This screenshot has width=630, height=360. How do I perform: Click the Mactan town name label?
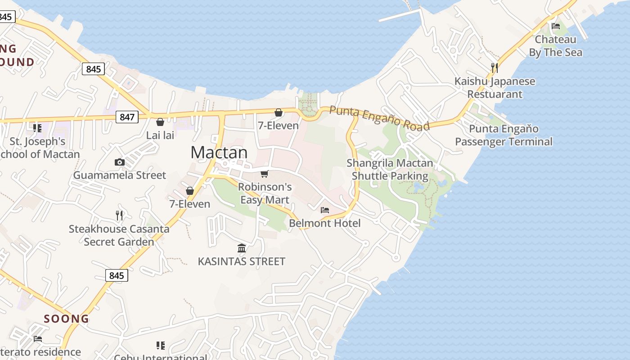click(x=219, y=153)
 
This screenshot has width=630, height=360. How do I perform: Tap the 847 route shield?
click(x=127, y=117)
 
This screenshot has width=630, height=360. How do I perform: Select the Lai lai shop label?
click(x=160, y=135)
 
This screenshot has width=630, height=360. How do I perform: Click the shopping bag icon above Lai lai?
click(x=160, y=122)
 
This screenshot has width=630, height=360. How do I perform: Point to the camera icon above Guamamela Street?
click(x=119, y=162)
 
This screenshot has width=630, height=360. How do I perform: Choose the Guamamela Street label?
click(x=120, y=175)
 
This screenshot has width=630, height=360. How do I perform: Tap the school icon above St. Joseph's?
click(x=37, y=128)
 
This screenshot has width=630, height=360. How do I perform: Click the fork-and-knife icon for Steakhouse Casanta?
click(x=119, y=216)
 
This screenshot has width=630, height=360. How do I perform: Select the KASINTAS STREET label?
click(x=242, y=261)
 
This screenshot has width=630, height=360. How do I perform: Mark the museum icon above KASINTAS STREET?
click(x=242, y=248)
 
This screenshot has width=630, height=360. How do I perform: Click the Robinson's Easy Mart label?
click(x=265, y=193)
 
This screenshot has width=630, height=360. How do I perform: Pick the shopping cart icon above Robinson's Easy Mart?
click(x=265, y=174)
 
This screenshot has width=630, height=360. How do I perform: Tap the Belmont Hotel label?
click(x=325, y=223)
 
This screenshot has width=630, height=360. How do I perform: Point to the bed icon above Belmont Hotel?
click(x=325, y=210)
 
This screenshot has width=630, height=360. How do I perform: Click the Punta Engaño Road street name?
click(x=379, y=118)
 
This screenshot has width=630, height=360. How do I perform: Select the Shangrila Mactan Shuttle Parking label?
click(x=390, y=169)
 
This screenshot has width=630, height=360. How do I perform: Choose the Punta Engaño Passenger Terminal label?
click(x=504, y=135)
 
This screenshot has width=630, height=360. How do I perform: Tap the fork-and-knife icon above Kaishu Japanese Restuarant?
click(x=494, y=68)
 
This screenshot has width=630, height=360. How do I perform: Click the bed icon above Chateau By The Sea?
click(x=556, y=26)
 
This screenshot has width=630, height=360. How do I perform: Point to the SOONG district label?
click(x=66, y=319)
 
